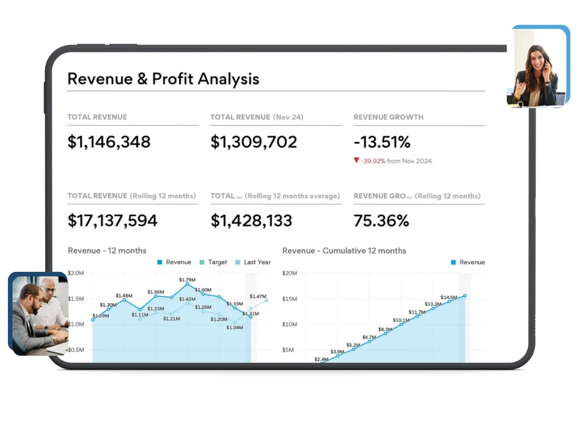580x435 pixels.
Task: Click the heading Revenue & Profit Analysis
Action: point(163,79)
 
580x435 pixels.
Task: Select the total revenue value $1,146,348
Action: point(109,142)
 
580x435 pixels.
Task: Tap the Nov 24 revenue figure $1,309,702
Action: point(253,142)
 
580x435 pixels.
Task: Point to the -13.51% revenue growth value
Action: point(382,142)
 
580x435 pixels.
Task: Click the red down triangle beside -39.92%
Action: point(356,160)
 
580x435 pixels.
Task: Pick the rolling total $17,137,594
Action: point(112,220)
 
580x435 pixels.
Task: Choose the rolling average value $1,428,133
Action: point(251,220)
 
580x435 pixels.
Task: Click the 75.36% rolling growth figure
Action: point(381,220)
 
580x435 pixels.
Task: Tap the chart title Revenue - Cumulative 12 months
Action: point(344,250)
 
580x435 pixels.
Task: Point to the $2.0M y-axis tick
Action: point(76,273)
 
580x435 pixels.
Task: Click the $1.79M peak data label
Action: point(187,280)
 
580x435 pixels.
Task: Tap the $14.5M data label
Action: point(449,297)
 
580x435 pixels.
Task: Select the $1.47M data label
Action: point(258,296)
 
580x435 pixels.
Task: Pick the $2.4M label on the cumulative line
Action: point(321,359)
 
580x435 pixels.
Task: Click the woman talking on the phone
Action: point(535,76)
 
